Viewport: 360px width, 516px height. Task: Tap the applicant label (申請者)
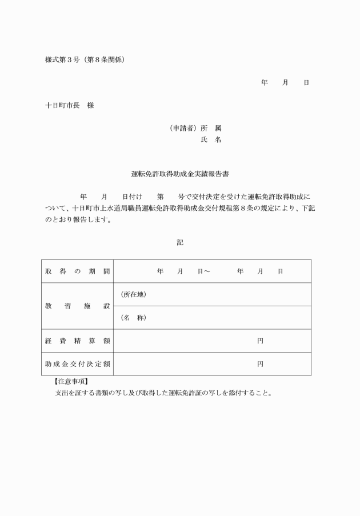[183, 128]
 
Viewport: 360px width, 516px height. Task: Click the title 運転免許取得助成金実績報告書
[180, 173]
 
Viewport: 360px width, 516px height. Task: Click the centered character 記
[180, 243]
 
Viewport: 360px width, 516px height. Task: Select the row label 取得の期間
[77, 271]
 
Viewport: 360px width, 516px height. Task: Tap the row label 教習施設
[77, 306]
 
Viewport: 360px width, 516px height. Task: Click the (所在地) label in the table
[134, 294]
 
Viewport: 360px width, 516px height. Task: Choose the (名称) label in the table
[134, 318]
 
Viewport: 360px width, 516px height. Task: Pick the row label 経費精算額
[77, 341]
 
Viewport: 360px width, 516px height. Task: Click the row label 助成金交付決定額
[77, 364]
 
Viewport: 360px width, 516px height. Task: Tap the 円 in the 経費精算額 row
[260, 341]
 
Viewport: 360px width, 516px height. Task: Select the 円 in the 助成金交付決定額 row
[260, 364]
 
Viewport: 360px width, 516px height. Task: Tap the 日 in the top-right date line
[306, 83]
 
